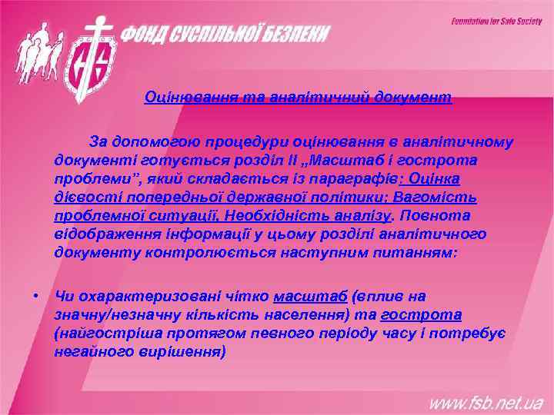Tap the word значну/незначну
pos(113,314)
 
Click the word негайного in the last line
pos(88,351)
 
